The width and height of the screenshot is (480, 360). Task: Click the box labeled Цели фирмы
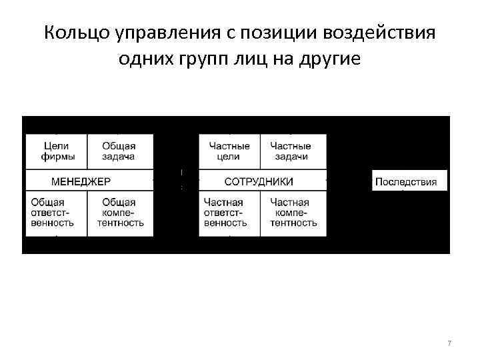[x=56, y=151]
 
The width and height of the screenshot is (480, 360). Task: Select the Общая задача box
[x=120, y=151]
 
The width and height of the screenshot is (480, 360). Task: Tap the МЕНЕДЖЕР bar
[x=82, y=181]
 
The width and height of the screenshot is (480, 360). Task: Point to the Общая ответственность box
[x=56, y=213]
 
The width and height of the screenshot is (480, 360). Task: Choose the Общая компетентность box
[x=120, y=213]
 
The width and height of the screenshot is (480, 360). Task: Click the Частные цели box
[x=229, y=151]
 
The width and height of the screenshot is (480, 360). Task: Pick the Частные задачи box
[x=291, y=151]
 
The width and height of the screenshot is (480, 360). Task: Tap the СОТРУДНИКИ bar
[x=259, y=181]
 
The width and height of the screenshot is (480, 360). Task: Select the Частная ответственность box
[x=229, y=213]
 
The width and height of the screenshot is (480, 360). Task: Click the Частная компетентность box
[x=293, y=213]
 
